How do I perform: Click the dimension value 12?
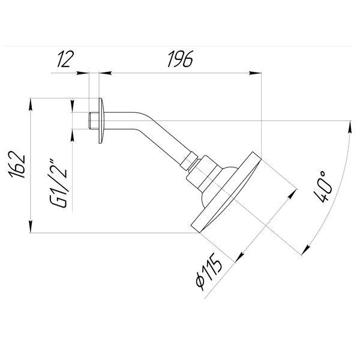(65, 59)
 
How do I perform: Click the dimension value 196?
(181, 59)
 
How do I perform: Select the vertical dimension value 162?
(17, 164)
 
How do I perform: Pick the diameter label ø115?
(209, 272)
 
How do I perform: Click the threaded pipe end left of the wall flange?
(94, 121)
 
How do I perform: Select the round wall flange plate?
(101, 121)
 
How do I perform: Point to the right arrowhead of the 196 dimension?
(255, 73)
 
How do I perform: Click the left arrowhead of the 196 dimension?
(106, 73)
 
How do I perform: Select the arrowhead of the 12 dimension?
(82, 73)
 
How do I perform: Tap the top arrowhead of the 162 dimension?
(31, 104)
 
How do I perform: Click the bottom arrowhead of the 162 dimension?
(31, 227)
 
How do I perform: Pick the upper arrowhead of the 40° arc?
(350, 127)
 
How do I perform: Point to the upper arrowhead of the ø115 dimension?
(292, 194)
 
